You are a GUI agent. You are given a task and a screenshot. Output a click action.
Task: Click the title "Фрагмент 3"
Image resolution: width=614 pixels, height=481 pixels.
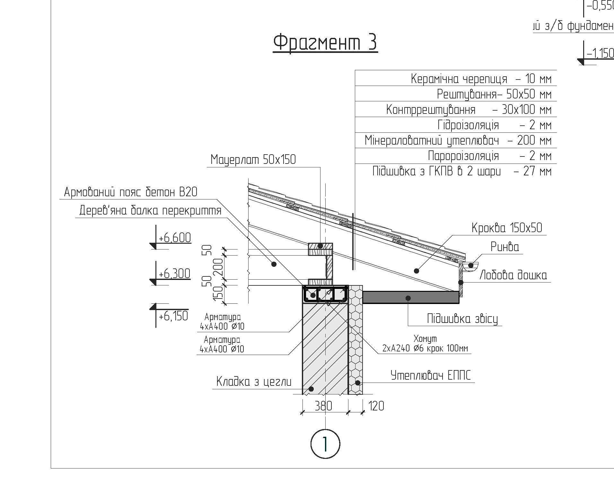point(325,42)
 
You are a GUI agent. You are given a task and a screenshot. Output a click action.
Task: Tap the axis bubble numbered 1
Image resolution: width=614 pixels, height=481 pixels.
point(325,444)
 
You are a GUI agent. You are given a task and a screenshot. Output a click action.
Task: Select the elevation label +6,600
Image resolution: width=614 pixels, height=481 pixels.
point(175,238)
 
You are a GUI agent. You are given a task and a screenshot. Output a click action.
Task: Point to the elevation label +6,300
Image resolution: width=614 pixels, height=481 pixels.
point(174,274)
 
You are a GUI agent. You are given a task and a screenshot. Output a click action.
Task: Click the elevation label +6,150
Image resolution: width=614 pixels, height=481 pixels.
point(173,316)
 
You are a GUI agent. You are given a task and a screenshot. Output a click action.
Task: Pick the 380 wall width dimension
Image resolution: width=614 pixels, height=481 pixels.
point(323,406)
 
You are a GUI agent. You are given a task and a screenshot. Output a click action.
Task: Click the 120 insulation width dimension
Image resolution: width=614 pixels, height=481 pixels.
point(376,406)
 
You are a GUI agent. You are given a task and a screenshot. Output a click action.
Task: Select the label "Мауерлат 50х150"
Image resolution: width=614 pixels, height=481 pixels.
point(253,159)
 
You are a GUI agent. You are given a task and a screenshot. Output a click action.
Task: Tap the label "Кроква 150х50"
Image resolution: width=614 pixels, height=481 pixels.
point(507,228)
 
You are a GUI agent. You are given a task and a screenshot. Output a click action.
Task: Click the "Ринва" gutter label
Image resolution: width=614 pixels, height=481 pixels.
point(504,247)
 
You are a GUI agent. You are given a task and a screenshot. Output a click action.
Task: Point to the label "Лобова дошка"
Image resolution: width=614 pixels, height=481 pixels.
point(513,275)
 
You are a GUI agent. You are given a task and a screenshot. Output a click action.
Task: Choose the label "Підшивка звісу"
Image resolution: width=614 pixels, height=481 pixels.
point(462,319)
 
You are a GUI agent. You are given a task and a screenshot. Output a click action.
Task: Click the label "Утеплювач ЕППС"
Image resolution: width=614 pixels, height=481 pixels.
point(431,375)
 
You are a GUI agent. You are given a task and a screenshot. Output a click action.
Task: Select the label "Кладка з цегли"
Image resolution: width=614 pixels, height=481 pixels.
point(254,382)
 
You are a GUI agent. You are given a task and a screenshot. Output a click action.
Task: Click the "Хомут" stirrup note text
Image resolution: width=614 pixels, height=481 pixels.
point(425,344)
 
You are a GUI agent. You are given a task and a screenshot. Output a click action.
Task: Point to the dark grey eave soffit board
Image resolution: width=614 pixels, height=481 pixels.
point(411,297)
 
